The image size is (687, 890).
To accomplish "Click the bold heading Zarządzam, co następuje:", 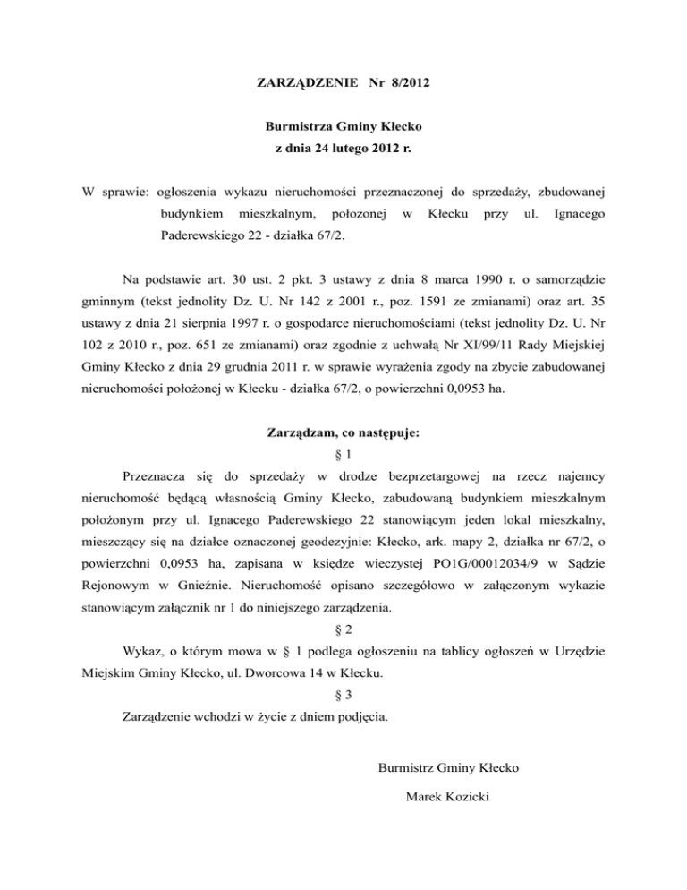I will [343, 433].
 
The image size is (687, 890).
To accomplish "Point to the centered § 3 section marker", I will [343, 693].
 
